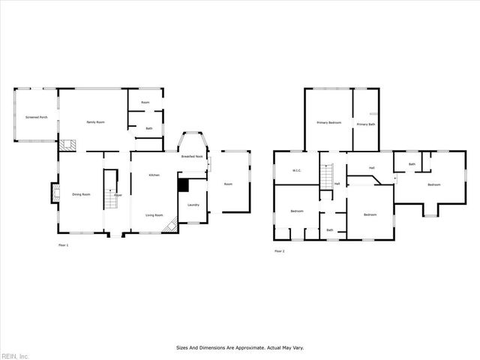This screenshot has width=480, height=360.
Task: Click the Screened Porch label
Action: tap(37, 118)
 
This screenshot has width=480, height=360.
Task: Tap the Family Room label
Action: tap(95, 121)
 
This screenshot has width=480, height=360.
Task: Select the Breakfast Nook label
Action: tap(193, 156)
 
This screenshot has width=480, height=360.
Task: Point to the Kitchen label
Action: tap(154, 175)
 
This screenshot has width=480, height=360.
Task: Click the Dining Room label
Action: tap(81, 194)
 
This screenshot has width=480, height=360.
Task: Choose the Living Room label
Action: tap(154, 215)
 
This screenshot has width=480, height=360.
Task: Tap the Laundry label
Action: tap(193, 205)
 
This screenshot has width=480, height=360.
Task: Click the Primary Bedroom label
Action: tap(328, 122)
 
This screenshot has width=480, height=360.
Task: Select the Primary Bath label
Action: tap(366, 124)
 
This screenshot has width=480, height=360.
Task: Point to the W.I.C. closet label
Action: tap(296, 170)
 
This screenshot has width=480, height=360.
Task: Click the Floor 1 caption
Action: tap(63, 245)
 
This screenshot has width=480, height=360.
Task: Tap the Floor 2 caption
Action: tap(279, 250)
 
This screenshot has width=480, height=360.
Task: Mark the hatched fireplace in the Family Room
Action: tap(68, 144)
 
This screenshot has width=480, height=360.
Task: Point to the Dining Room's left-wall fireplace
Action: tap(54, 194)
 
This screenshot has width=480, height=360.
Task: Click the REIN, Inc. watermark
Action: tap(15, 355)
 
